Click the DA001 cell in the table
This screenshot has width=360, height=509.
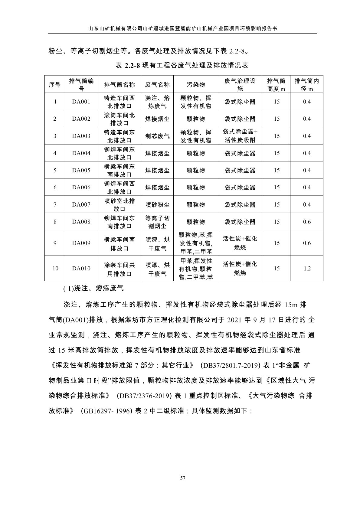point(81,102)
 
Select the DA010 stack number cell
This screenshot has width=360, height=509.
point(81,269)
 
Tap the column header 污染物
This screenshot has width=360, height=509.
point(196,85)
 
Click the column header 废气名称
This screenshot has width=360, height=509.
point(157,85)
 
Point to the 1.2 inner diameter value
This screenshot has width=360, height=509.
point(307,269)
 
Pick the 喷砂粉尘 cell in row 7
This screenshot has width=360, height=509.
point(157,205)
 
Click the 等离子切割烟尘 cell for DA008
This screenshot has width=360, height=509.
point(157,222)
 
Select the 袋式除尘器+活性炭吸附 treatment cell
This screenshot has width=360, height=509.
point(240,136)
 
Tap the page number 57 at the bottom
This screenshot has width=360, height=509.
point(182,478)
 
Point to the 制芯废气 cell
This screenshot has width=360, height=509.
point(157,136)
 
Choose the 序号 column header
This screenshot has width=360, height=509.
point(55,85)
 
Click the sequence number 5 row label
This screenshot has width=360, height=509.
point(55,171)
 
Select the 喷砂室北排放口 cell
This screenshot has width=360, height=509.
point(119,205)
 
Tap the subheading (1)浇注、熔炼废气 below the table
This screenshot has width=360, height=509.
point(93,289)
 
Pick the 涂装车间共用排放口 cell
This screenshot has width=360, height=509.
point(119,269)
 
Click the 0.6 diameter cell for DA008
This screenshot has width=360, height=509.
point(307,222)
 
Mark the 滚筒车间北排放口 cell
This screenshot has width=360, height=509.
point(119,119)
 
